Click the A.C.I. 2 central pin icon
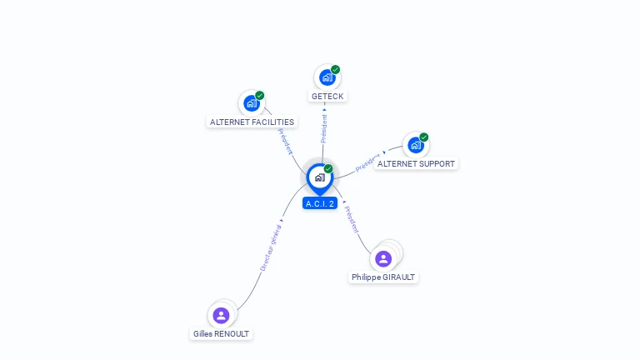319,177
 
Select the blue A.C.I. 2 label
320,203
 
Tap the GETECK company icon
327,77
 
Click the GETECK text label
327,97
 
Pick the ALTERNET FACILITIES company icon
251,104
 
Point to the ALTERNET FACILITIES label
252,122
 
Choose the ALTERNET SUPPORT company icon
415,145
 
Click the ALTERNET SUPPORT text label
416,164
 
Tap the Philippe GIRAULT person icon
383,258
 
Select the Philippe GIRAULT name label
383,277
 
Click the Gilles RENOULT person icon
221,315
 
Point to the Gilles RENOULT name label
221,333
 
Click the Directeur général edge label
270,248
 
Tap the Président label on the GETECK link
324,128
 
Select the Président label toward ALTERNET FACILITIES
285,142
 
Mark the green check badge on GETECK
335,70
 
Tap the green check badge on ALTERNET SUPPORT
424,137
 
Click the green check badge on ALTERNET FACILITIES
260,96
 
